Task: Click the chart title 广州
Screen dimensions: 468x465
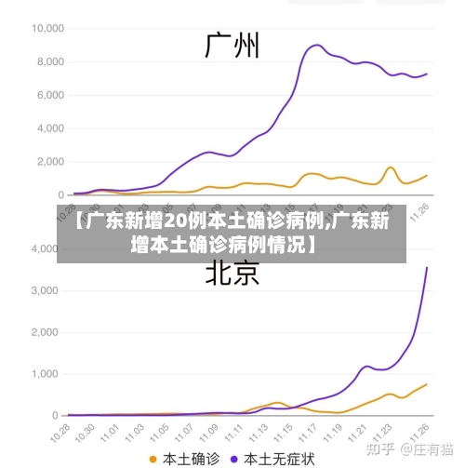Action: pyautogui.click(x=232, y=45)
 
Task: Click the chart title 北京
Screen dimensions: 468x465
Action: pyautogui.click(x=232, y=273)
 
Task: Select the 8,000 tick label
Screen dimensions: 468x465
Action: pyautogui.click(x=46, y=61)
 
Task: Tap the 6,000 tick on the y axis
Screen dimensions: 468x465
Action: pyautogui.click(x=46, y=95)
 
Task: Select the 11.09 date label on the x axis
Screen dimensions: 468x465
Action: pyautogui.click(x=214, y=434)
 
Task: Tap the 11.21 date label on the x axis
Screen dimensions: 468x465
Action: pyautogui.click(x=361, y=434)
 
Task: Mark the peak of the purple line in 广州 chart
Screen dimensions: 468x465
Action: pyautogui.click(x=317, y=45)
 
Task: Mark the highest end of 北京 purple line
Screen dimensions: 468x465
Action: pyautogui.click(x=427, y=268)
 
